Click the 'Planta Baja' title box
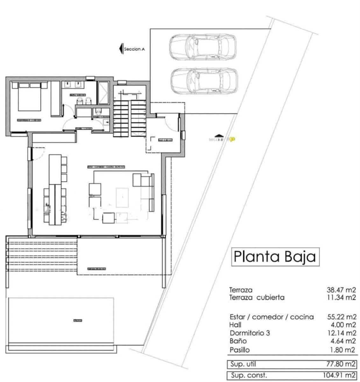click(x=274, y=257)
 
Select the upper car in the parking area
click(x=203, y=47)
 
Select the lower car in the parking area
click(x=204, y=81)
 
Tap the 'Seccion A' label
click(x=134, y=49)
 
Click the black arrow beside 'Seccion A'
click(x=121, y=49)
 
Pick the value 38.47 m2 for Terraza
click(x=342, y=290)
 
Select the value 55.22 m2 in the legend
click(x=342, y=317)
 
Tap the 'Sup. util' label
click(x=244, y=364)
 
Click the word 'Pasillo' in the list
click(x=239, y=350)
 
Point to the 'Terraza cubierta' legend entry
click(x=257, y=298)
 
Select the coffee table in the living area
click(x=122, y=197)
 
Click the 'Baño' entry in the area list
click(x=238, y=341)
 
